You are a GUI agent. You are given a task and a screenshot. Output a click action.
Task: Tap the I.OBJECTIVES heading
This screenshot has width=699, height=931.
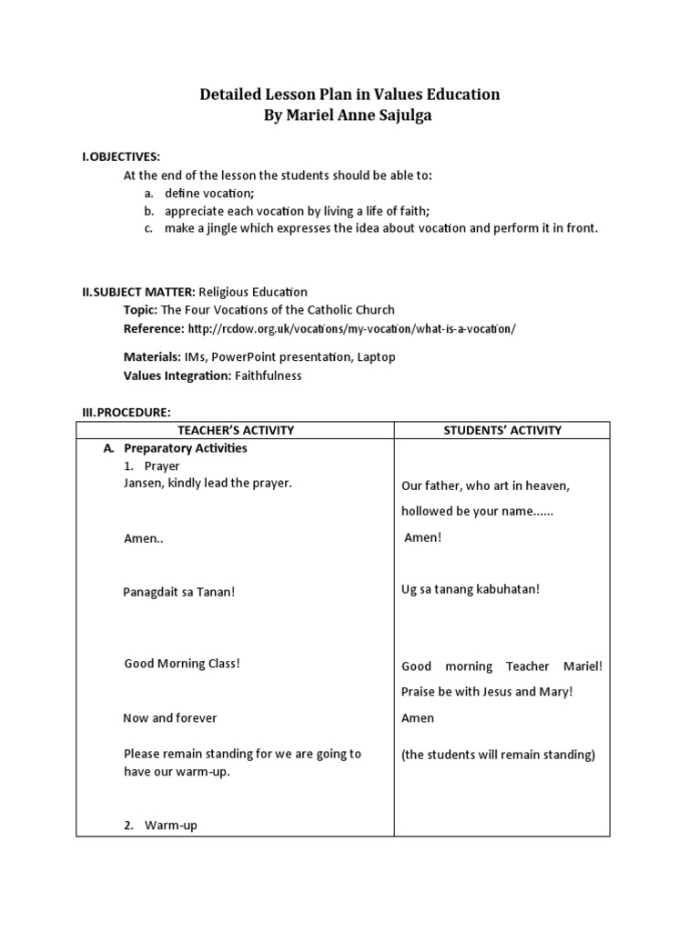click(120, 157)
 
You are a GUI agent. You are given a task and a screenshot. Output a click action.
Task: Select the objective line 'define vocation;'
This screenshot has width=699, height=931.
click(209, 194)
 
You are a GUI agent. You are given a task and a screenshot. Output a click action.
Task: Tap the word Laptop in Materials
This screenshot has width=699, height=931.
click(376, 357)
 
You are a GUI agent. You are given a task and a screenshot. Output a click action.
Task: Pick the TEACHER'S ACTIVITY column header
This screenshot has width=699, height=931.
click(235, 430)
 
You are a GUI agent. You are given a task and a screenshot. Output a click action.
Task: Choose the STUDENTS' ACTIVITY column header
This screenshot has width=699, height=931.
click(501, 430)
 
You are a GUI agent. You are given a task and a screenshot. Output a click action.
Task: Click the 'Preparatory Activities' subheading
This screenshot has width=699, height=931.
click(186, 448)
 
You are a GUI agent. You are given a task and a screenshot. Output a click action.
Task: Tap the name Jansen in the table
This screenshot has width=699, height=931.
click(144, 483)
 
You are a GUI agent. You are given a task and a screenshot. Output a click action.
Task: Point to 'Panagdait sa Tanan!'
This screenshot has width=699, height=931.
click(179, 592)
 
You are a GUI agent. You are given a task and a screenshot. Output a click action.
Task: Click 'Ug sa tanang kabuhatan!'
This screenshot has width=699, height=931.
click(471, 589)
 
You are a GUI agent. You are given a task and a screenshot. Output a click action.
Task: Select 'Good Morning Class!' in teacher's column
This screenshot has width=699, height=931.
click(182, 663)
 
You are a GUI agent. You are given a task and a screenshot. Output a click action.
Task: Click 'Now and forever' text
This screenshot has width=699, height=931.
click(170, 717)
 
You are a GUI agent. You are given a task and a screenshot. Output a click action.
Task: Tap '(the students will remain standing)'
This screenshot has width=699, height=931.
click(498, 754)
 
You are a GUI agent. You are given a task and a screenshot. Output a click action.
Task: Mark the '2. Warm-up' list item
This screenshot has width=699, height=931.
click(161, 826)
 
